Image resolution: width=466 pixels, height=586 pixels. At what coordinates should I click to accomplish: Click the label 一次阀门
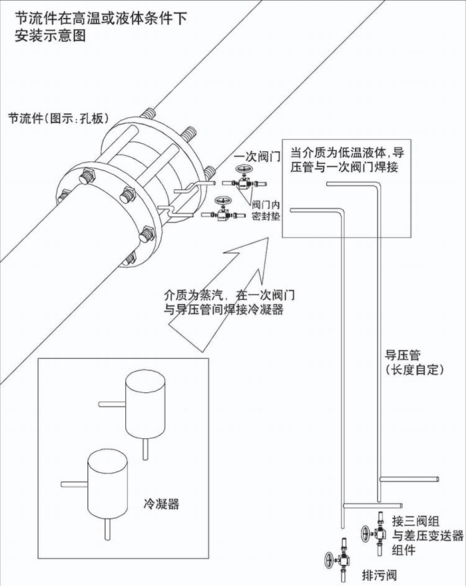click(x=256, y=157)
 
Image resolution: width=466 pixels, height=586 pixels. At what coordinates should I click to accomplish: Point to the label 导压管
click(x=403, y=355)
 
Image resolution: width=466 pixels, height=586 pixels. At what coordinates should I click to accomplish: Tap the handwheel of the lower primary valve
click(x=222, y=202)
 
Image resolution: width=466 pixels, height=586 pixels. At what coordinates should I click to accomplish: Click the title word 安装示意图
click(x=60, y=37)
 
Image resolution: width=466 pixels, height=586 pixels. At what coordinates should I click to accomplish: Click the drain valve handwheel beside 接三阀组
click(x=365, y=534)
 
